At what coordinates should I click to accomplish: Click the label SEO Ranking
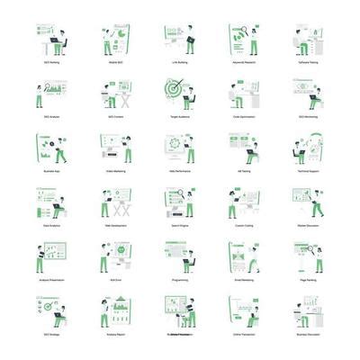(x=51, y=63)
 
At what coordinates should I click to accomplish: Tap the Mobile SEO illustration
(x=115, y=40)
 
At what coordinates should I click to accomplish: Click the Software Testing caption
(x=308, y=63)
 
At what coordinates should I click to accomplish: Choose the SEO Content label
(x=115, y=117)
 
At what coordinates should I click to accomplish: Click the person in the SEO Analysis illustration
(x=40, y=95)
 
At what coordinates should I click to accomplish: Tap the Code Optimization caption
(x=243, y=117)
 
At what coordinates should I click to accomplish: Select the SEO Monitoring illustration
(x=308, y=94)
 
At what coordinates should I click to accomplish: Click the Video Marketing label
(x=115, y=171)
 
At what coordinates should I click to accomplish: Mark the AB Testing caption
(x=243, y=171)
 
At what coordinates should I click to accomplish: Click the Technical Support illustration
(x=308, y=148)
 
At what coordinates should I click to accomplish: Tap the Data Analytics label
(x=51, y=226)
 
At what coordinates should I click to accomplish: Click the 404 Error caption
(x=115, y=280)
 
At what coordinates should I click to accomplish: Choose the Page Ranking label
(x=308, y=280)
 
